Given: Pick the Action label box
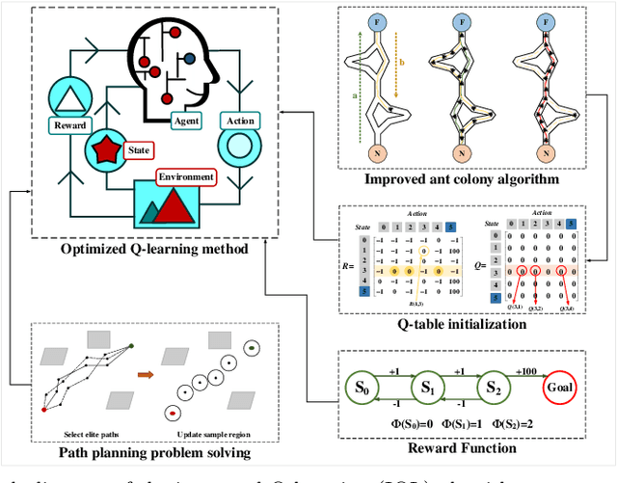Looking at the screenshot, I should coord(238,121).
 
